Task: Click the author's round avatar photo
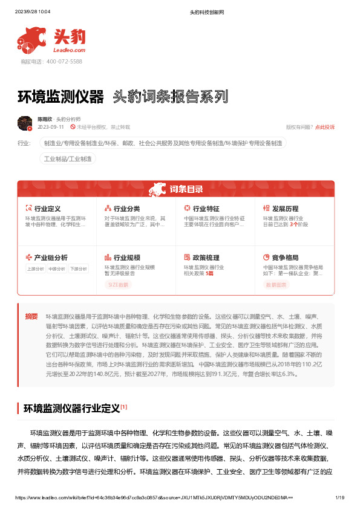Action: tap(25, 123)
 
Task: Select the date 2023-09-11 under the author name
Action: tap(51, 128)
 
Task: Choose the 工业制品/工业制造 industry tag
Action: tap(68, 158)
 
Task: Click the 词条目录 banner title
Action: tap(186, 189)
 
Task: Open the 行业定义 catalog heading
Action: tap(47, 209)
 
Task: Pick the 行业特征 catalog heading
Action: tap(206, 209)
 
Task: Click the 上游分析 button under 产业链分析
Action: tap(36, 269)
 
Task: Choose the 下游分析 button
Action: tap(79, 269)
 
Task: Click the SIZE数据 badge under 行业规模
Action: tap(119, 284)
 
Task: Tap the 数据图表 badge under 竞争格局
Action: tap(278, 284)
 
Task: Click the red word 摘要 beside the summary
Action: tap(31, 316)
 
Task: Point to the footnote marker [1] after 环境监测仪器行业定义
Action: tap(123, 407)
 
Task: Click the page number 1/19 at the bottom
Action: tap(339, 497)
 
